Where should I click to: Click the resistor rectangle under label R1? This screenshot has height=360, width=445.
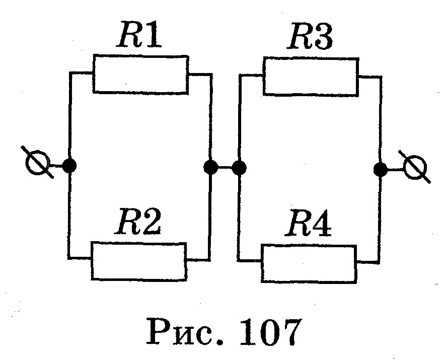click(x=140, y=75)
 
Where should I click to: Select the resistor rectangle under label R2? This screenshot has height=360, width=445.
click(x=138, y=261)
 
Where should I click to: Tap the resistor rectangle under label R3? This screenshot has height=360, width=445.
click(x=311, y=77)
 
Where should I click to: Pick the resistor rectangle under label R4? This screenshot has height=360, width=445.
click(x=309, y=263)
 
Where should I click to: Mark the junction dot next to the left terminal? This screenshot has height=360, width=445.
click(x=70, y=165)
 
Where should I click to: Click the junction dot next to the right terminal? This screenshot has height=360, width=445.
click(x=381, y=169)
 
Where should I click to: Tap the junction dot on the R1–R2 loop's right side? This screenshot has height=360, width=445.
click(x=210, y=167)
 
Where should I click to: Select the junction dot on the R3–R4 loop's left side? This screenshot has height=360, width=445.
click(x=239, y=167)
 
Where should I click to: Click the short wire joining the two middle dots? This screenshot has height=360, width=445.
click(x=225, y=167)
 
